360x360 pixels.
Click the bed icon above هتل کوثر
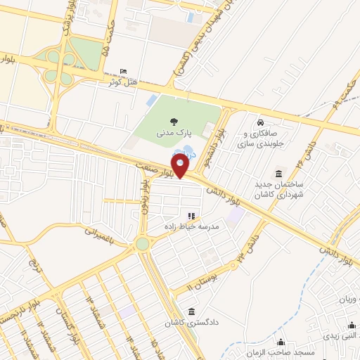coord(124,72)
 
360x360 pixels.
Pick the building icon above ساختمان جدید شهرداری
coord(279,174)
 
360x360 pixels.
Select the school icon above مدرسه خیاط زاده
coord(191,216)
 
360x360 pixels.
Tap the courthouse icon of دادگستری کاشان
coord(191,311)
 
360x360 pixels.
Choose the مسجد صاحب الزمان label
coord(280,351)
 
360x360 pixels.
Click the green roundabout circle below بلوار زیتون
coord(143,244)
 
